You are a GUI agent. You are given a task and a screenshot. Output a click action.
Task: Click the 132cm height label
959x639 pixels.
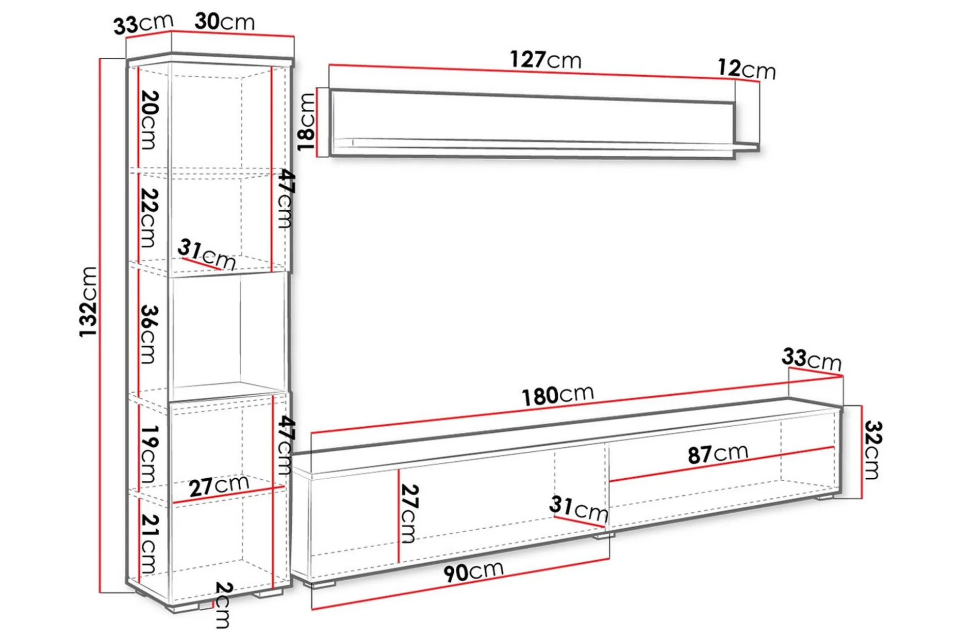pos(88,302)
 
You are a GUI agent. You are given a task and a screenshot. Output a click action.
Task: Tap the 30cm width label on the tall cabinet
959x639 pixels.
pos(225,22)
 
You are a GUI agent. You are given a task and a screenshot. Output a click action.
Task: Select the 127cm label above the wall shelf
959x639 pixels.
pos(545,60)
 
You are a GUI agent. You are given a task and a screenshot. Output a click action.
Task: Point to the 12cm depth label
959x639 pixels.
pos(747,69)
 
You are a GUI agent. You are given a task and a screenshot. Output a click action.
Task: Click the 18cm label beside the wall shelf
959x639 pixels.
pos(306,122)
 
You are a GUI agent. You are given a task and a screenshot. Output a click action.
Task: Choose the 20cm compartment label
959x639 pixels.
pos(149,120)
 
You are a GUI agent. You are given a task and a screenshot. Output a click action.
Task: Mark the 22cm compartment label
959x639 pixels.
pos(149,217)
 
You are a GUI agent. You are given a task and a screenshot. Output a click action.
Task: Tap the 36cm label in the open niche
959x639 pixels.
pos(149,334)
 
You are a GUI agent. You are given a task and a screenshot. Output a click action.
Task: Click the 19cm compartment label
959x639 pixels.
pos(149,454)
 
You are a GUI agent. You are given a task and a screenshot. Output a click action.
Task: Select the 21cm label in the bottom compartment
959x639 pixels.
pos(149,544)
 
